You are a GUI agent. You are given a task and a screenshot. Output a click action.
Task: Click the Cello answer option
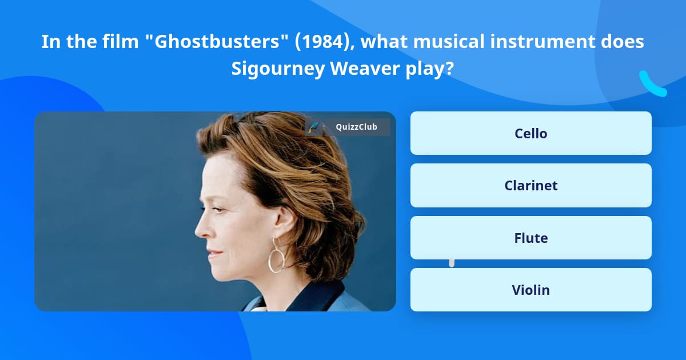(531, 133)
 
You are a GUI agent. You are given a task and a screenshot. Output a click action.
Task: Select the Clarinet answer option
(531, 186)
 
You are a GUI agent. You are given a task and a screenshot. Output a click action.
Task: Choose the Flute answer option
(531, 238)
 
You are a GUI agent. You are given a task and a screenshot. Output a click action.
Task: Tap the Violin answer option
(531, 290)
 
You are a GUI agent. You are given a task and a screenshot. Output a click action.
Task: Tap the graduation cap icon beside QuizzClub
(313, 127)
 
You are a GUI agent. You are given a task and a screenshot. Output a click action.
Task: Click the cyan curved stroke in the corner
(652, 85)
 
